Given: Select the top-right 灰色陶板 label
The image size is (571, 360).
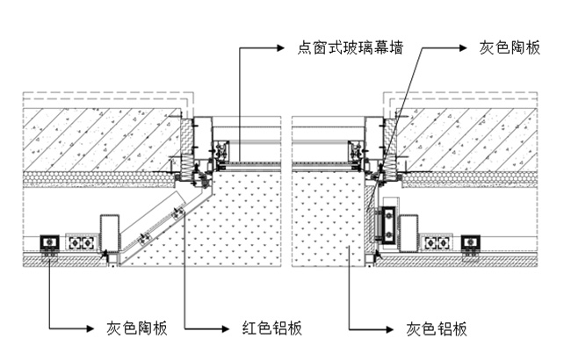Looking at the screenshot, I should pyautogui.click(x=510, y=48).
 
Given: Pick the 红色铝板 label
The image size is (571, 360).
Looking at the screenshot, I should pyautogui.click(x=272, y=328).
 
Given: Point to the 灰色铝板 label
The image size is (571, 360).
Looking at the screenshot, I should pyautogui.click(x=437, y=328).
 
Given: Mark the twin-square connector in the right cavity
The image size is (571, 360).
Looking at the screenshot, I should pyautogui.click(x=436, y=241).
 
